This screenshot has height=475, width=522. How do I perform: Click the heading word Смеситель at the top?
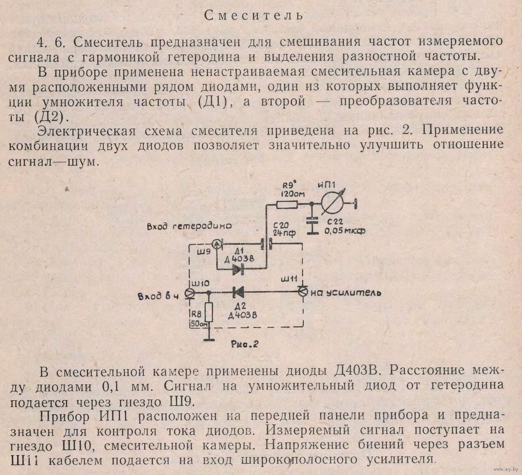(254, 15)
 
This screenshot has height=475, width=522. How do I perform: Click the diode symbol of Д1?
(239, 269)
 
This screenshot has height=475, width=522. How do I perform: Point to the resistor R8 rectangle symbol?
(209, 312)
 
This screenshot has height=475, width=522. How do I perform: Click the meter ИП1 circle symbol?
(332, 203)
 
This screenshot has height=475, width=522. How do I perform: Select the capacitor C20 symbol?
(266, 245)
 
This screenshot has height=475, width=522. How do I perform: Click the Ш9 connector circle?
(217, 245)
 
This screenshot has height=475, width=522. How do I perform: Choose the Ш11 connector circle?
(303, 291)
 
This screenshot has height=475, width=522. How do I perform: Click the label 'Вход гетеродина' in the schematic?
(189, 226)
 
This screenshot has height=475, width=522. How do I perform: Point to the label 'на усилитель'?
(346, 293)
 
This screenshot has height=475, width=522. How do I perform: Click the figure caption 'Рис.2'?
(244, 344)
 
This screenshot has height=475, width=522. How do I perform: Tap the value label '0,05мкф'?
(345, 230)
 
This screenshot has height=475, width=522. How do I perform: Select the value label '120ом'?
(293, 194)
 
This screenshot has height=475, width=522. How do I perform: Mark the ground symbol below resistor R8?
(209, 339)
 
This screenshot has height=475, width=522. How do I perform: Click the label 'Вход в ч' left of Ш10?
(159, 296)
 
